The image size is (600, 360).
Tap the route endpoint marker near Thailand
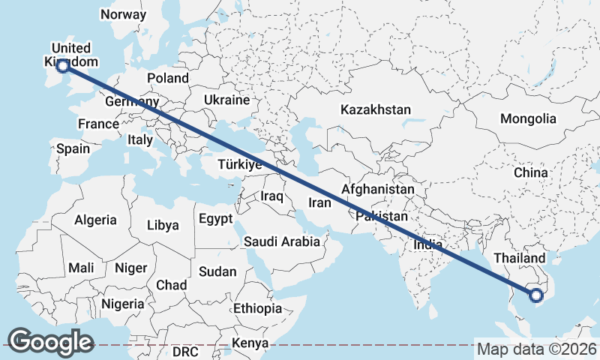pyautogui.click(x=535, y=295)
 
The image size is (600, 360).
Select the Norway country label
pyautogui.click(x=123, y=14)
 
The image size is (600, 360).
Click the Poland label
pyautogui.click(x=168, y=78)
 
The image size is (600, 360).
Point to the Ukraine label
pyautogui.click(x=226, y=100)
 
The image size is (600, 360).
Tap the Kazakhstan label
pyautogui.click(x=375, y=109)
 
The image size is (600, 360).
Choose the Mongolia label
pyautogui.click(x=528, y=118)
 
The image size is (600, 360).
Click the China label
pyautogui.click(x=531, y=172)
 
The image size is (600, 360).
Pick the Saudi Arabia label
pyautogui.click(x=281, y=241)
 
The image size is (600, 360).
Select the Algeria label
pyautogui.click(x=95, y=220)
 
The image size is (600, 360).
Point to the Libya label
pyautogui.click(x=163, y=225)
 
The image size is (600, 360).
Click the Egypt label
pyautogui.click(x=217, y=219)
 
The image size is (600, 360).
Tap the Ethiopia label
pyautogui.click(x=257, y=308)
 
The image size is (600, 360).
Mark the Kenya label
pyautogui.click(x=250, y=343)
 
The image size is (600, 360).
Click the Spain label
pyautogui.click(x=73, y=148)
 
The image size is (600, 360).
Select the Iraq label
pyautogui.click(x=271, y=196)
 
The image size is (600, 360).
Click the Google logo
pyautogui.click(x=50, y=342)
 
